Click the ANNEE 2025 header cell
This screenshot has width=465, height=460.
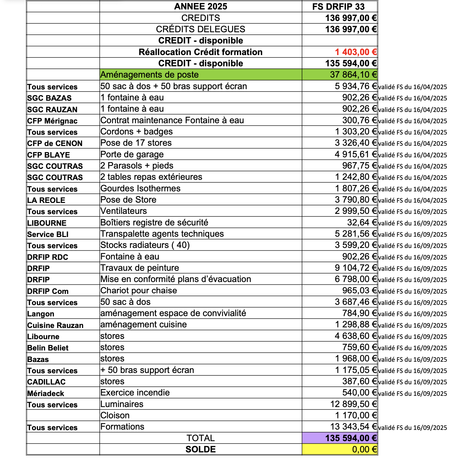tap(201, 6)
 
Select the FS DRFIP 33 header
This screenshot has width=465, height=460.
tap(338, 7)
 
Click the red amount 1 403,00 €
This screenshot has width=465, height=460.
tap(356, 52)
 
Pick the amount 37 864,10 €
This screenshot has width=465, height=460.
tap(353, 75)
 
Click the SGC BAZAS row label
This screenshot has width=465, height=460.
tap(49, 98)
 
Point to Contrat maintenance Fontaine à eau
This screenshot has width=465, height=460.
tap(172, 120)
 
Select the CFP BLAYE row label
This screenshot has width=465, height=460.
tap(49, 155)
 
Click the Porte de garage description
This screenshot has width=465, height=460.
tap(132, 155)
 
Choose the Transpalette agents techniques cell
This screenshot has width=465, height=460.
tap(162, 234)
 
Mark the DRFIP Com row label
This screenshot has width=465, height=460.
tap(48, 291)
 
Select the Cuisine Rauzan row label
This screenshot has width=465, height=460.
tap(55, 325)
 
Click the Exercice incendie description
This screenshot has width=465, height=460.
tap(135, 393)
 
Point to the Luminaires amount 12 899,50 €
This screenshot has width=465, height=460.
tap(354, 404)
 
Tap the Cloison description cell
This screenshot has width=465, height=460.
tap(115, 416)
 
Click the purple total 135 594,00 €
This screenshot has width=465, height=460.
tap(351, 438)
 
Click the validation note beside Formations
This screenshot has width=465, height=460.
tap(412, 427)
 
